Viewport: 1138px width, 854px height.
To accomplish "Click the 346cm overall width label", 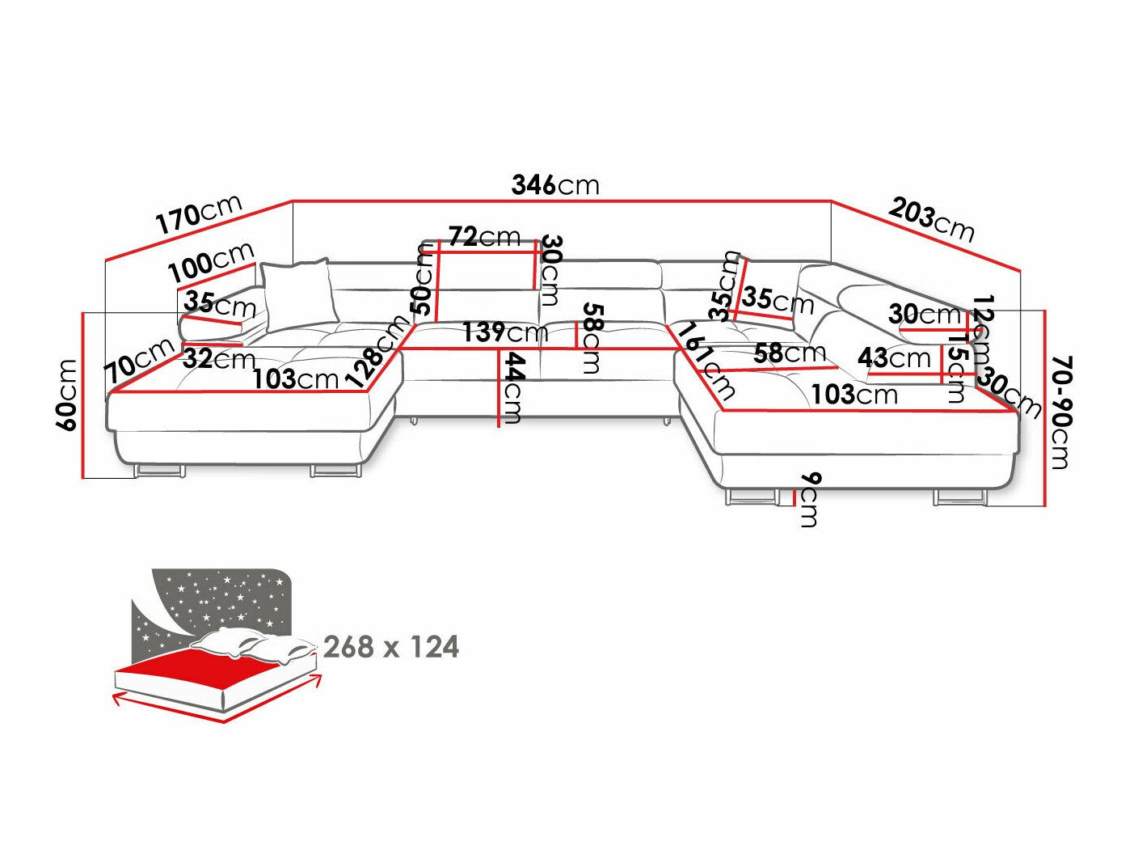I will click(x=555, y=185).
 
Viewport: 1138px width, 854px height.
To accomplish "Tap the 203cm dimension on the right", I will click(x=932, y=218).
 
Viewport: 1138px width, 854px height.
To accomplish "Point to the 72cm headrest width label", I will click(x=484, y=237).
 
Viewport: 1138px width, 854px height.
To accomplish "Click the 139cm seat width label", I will click(x=505, y=332).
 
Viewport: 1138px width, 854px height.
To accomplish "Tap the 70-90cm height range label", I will click(x=1060, y=412).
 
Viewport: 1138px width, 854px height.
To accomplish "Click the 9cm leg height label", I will click(x=807, y=500).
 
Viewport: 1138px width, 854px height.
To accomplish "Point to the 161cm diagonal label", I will click(x=708, y=361).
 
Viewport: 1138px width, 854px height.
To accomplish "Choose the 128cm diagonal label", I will click(x=377, y=351).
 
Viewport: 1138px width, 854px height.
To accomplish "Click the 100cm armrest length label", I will click(x=211, y=260).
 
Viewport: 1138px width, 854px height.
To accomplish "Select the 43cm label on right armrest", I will click(x=894, y=357).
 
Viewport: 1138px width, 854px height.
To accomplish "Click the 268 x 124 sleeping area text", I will click(x=390, y=647).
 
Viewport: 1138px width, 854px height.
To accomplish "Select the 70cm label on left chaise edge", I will click(x=139, y=361).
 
